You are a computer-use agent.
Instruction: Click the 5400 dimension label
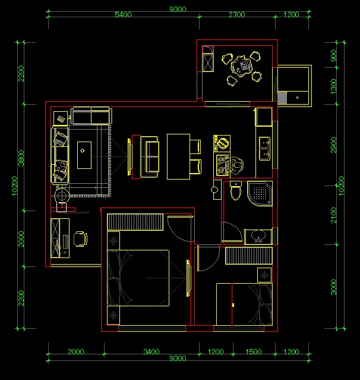point(123,14)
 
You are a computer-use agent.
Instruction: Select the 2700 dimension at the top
point(237,14)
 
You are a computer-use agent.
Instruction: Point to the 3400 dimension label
point(151,351)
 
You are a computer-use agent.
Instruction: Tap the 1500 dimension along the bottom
point(254,351)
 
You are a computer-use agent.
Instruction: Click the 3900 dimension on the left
point(21,158)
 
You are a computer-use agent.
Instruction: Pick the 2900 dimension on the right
point(334,145)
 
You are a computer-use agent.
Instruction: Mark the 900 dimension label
point(334,55)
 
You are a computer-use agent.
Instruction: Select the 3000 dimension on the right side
point(334,287)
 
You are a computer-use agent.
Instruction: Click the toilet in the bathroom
point(236,191)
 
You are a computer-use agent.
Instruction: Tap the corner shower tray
point(260,194)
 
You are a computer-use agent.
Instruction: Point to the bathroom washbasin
point(258,236)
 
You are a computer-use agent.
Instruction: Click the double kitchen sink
point(264,149)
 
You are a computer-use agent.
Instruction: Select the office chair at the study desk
point(80,239)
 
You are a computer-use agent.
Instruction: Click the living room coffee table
point(84,155)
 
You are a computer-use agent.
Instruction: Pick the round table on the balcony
point(242,66)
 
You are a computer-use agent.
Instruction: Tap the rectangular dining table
point(178,156)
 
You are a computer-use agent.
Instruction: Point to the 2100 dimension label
point(334,215)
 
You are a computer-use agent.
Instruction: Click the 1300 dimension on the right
point(334,86)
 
